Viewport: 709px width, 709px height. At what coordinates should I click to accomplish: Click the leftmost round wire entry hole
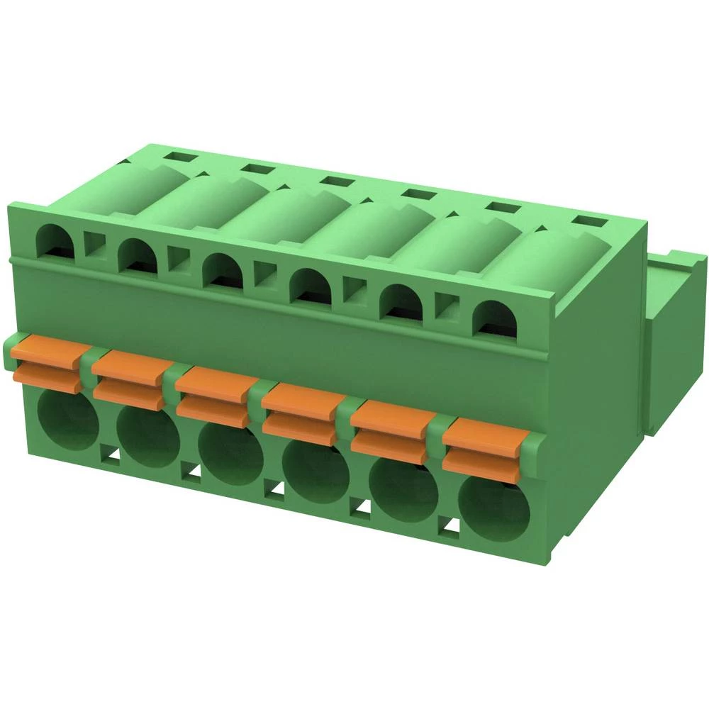click(x=67, y=422)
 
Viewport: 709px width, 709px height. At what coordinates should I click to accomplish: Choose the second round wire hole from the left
click(x=147, y=438)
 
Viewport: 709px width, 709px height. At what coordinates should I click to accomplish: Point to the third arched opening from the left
click(x=223, y=270)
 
